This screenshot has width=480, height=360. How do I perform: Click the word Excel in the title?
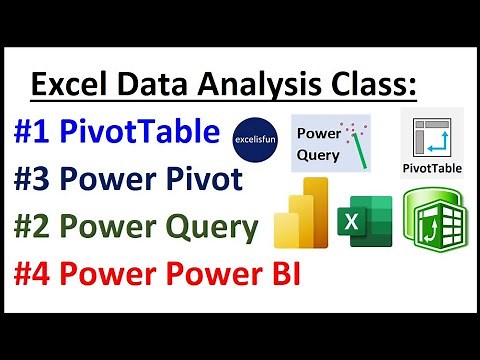tap(71, 85)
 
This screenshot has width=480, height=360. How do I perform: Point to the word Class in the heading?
tap(371, 85)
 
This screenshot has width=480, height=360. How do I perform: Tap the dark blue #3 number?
tap(37, 181)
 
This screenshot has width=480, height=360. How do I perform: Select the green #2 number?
tap(37, 227)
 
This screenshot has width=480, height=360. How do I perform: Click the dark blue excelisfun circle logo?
tap(256, 136)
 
